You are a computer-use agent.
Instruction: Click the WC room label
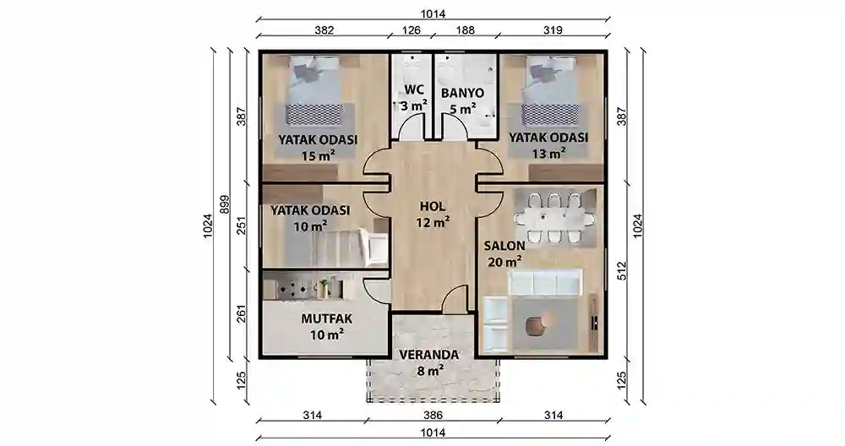(x=413, y=90)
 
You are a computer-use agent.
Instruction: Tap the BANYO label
(x=461, y=92)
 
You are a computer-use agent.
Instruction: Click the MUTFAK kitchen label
(x=326, y=318)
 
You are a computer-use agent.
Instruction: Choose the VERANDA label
(x=430, y=355)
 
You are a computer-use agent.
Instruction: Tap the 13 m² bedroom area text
(x=548, y=154)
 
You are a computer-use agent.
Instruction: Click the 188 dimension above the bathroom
(x=466, y=30)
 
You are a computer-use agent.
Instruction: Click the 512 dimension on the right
(x=622, y=270)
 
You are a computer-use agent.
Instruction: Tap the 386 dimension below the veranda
(x=432, y=414)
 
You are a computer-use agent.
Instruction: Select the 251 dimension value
(x=241, y=226)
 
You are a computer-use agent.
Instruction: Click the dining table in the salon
(x=553, y=219)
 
